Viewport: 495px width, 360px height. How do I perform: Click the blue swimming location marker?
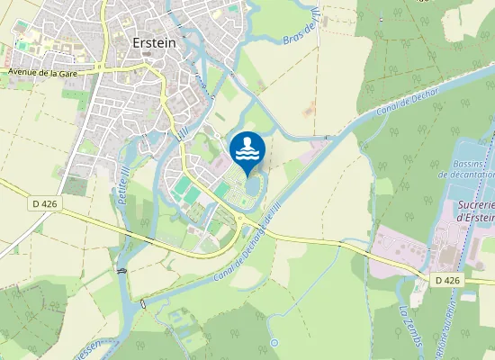247,149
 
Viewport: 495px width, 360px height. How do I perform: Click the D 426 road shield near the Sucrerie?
447,281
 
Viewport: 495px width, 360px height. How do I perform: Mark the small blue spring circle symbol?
273,343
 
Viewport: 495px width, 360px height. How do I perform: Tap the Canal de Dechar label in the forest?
408,108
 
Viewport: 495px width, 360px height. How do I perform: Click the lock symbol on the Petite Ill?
121,271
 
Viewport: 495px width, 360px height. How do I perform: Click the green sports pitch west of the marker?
185,189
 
